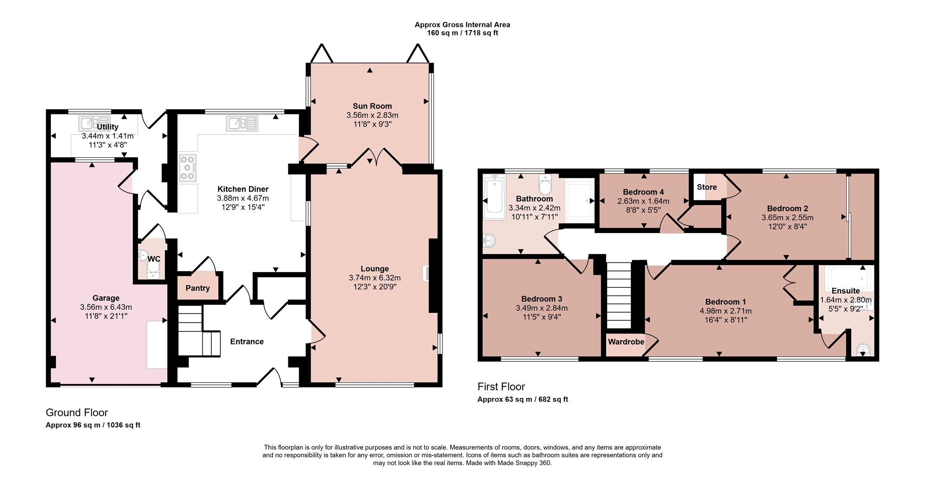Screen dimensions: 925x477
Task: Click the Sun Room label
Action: [x=372, y=106]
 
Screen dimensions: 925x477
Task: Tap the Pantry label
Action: [x=198, y=288]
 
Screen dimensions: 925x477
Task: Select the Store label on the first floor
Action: [x=707, y=187]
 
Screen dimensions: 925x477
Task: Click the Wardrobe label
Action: [x=626, y=342]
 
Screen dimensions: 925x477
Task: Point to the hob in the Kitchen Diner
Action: [x=188, y=168]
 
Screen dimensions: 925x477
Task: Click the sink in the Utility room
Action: [x=94, y=124]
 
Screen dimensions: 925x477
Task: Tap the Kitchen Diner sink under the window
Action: [x=242, y=124]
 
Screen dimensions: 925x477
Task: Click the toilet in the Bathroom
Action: [x=545, y=185]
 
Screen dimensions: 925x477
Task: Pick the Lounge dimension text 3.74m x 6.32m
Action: [x=375, y=278]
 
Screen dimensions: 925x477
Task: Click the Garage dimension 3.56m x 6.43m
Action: [x=106, y=307]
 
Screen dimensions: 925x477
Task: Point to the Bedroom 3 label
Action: [x=542, y=299]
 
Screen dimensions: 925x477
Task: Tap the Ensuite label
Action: [x=846, y=291]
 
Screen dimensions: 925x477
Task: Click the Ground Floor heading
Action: [x=77, y=413]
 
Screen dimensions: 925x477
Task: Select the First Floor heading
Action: [x=501, y=387]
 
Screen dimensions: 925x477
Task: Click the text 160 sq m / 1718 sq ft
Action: [x=462, y=33]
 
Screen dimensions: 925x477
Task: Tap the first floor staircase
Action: [x=619, y=296]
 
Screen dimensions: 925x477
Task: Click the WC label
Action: [x=154, y=259]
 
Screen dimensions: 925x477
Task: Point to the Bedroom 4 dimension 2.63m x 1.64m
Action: [x=643, y=201]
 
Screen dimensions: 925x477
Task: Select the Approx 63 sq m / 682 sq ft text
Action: [x=523, y=400]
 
